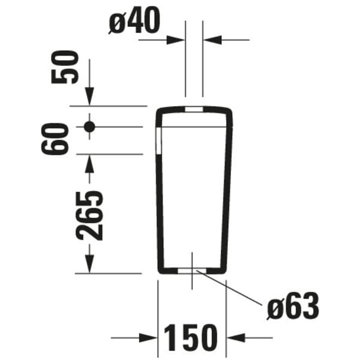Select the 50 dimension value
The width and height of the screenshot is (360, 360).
point(65,67)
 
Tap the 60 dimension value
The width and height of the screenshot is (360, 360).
point(55,139)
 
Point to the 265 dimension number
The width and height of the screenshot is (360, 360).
point(89,215)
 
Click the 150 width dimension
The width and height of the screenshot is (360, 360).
point(190,337)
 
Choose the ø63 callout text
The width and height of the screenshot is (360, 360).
point(293,306)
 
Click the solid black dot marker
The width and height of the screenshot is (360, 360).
point(89,127)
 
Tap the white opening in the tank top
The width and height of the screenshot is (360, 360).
point(194,109)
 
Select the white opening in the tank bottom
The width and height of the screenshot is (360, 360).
point(192,271)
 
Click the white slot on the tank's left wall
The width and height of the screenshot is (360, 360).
point(159,141)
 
